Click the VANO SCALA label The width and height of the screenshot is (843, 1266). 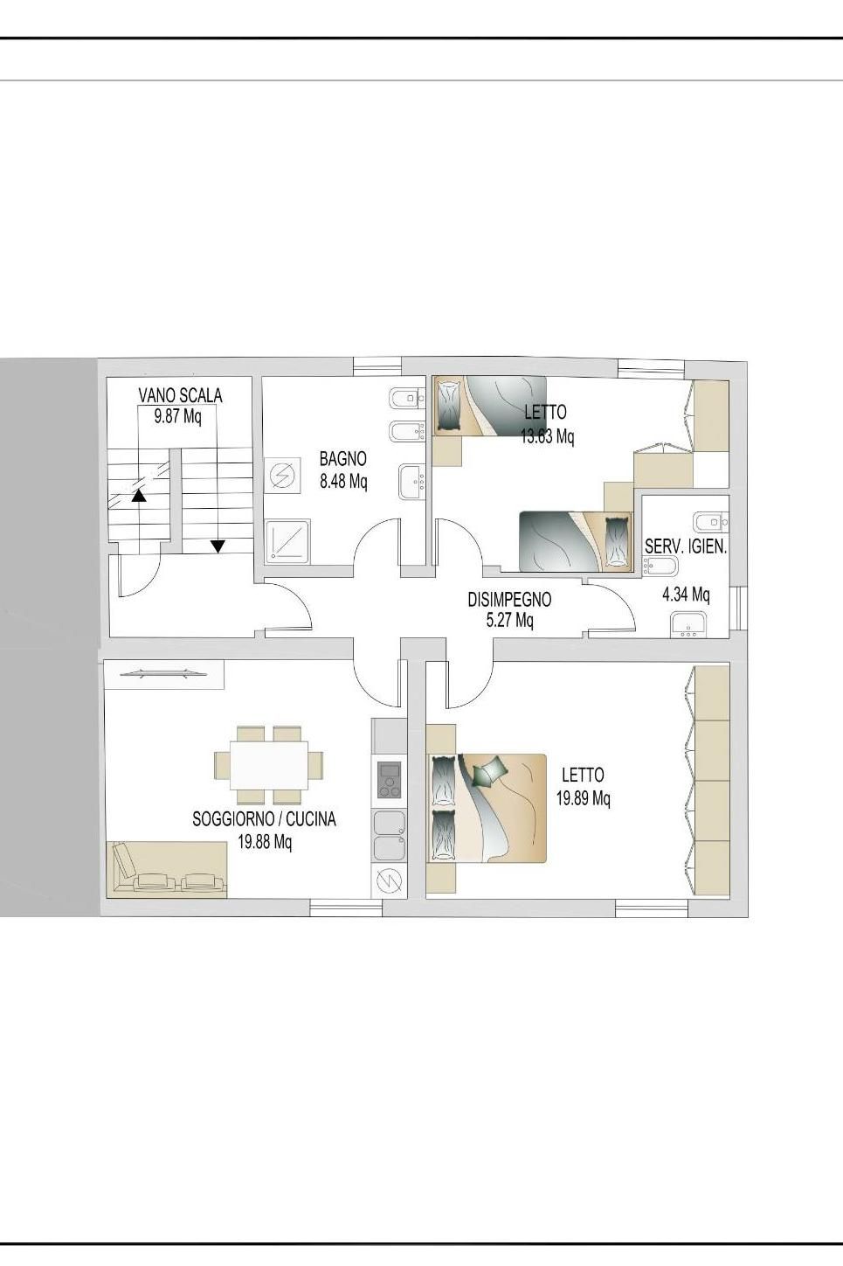[x=180, y=395]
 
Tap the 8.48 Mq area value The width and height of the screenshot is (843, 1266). [x=343, y=482]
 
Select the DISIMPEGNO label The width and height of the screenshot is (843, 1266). [x=509, y=599]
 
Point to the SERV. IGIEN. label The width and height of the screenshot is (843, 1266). [x=686, y=546]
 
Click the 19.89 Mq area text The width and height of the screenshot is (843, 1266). [x=584, y=798]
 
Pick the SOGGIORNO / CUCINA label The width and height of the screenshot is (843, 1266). [x=264, y=819]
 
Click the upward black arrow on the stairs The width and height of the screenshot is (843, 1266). [x=138, y=497]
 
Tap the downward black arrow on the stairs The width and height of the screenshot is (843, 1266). [x=218, y=546]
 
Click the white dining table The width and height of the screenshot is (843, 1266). [x=269, y=765]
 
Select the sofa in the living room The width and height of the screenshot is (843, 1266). [x=167, y=869]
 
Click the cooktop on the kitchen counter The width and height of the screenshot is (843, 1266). [x=389, y=780]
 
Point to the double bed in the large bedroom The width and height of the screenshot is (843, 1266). [x=487, y=809]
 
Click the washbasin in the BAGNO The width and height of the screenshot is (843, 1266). [x=411, y=482]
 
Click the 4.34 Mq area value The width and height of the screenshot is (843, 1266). [x=686, y=595]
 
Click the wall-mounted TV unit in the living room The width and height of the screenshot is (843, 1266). [x=163, y=674]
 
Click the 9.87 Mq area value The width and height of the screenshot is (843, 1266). [x=178, y=416]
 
